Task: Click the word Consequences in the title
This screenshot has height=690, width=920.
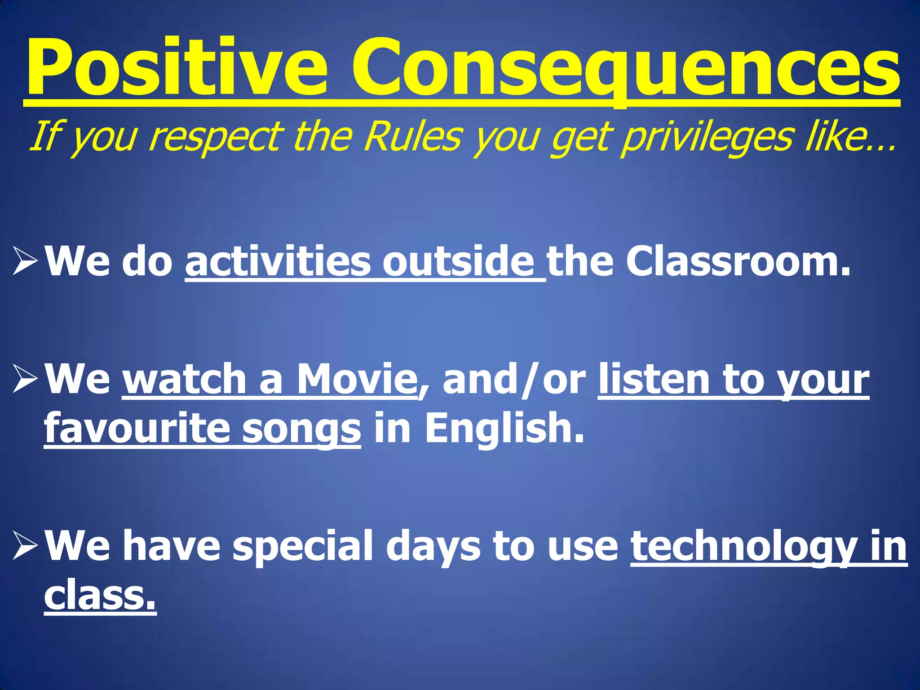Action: point(624,67)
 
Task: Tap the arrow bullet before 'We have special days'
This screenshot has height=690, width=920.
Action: point(24,545)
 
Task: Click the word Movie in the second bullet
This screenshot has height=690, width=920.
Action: point(357,380)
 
